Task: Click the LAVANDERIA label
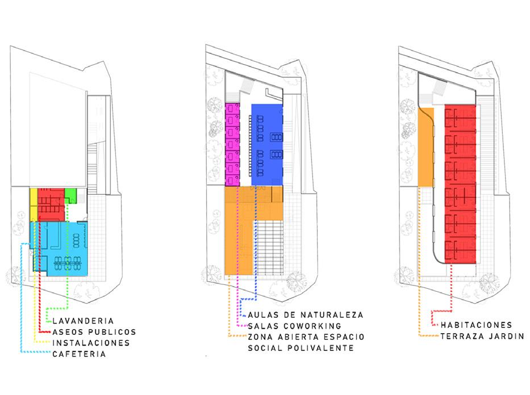pyautogui.click(x=86, y=321)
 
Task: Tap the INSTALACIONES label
pyautogui.click(x=90, y=343)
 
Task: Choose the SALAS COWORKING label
pyautogui.click(x=294, y=326)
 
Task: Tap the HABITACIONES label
pyautogui.click(x=476, y=325)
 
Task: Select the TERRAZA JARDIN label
pyautogui.click(x=482, y=337)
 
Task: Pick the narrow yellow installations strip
pyautogui.click(x=33, y=204)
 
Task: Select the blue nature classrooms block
pyautogui.click(x=267, y=145)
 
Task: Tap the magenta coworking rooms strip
pyautogui.click(x=232, y=144)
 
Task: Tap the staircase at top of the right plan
pyautogui.click(x=441, y=90)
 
